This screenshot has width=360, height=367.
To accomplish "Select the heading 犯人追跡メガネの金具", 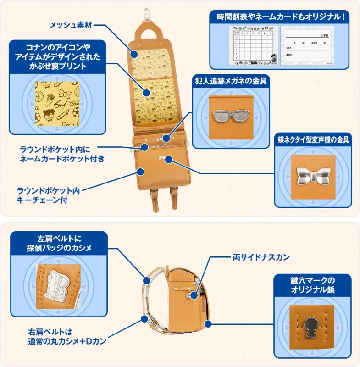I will [x=230, y=81].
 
